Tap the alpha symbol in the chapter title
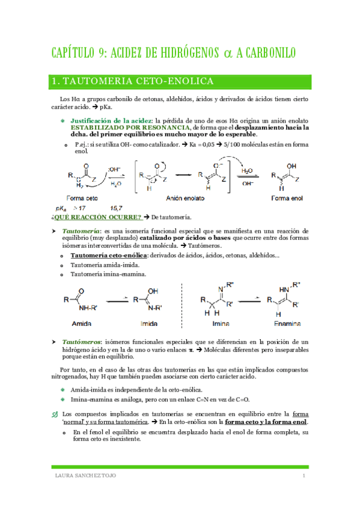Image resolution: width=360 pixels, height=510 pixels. pyautogui.click(x=227, y=53)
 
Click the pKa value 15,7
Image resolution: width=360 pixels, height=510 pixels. pyautogui.click(x=116, y=207)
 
